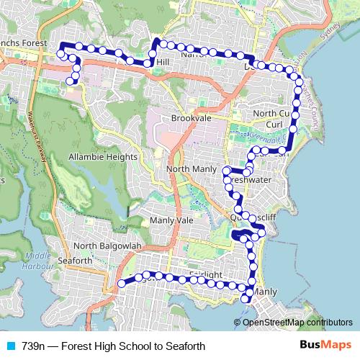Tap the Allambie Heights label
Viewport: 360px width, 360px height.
(x=102, y=156)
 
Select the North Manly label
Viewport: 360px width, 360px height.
(x=191, y=169)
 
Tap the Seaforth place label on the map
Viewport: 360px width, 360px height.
(x=74, y=260)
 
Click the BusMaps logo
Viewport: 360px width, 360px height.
(x=325, y=346)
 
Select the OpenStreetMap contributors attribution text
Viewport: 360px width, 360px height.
(x=297, y=322)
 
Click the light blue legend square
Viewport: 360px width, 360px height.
(x=9, y=346)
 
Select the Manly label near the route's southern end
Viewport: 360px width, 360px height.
(x=264, y=292)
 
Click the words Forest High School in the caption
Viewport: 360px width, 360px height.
(x=108, y=346)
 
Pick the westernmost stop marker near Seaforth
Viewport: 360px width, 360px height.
(x=121, y=284)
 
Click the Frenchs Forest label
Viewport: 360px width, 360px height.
(x=22, y=43)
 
